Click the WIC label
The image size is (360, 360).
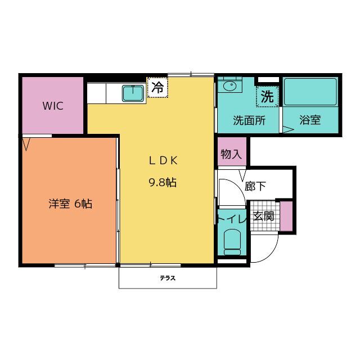tap(53, 106)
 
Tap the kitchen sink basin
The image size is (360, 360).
tap(133, 93)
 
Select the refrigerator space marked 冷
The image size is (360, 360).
tap(157, 88)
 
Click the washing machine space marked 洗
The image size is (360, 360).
tap(267, 96)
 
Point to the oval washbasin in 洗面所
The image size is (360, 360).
tap(230, 86)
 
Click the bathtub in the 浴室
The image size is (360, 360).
tap(310, 92)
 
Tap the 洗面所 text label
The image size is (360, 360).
tap(249, 120)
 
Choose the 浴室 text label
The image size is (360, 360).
tap(310, 120)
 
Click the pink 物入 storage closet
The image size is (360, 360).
tap(232, 151)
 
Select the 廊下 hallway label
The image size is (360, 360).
tap(255, 186)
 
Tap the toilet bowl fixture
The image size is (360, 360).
tap(232, 242)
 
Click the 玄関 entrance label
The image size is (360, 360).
tap(264, 216)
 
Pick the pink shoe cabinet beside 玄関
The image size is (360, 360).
tap(286, 216)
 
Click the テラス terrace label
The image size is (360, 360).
tap(168, 278)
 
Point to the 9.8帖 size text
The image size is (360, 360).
tap(163, 183)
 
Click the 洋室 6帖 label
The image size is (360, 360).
tap(70, 204)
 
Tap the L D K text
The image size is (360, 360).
tap(163, 160)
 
